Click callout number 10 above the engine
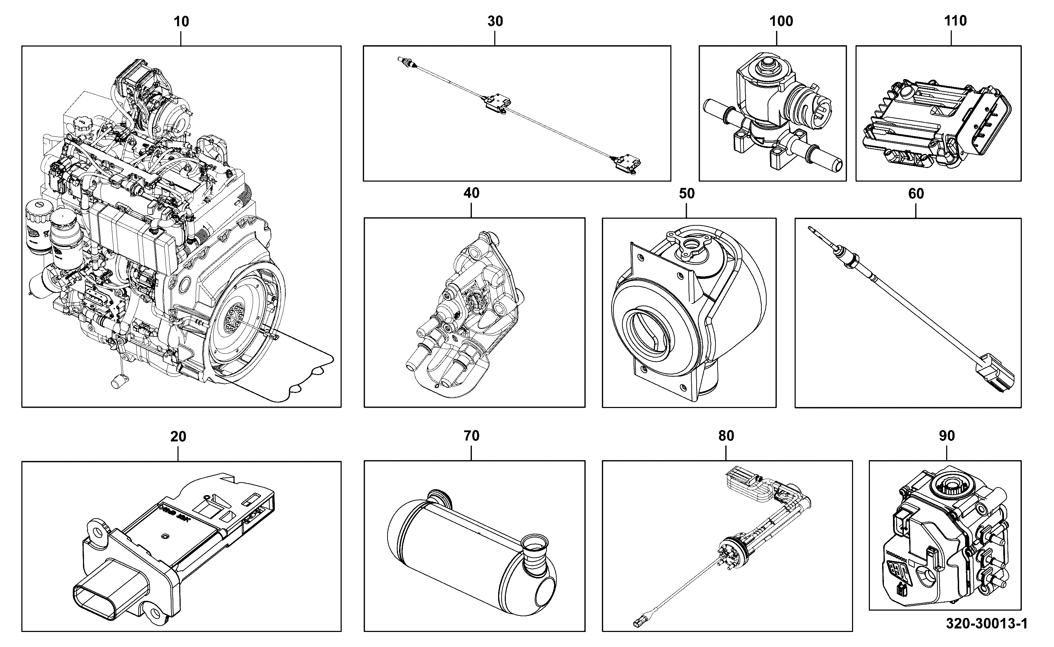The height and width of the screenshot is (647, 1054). point(181,21)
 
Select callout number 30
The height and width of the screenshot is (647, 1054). point(495,21)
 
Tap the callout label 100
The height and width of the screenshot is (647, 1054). point(781,21)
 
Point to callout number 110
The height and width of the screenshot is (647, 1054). point(955,21)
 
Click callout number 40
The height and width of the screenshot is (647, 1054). point(471,193)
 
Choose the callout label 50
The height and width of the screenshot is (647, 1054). point(687,194)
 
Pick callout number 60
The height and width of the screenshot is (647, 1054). point(916,194)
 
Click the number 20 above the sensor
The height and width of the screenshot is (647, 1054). point(178,436)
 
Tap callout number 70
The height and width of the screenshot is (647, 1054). point(471,436)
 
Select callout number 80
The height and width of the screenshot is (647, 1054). point(726,436)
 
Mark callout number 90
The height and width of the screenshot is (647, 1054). point(947,436)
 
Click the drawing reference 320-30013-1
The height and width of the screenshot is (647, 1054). point(986,624)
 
